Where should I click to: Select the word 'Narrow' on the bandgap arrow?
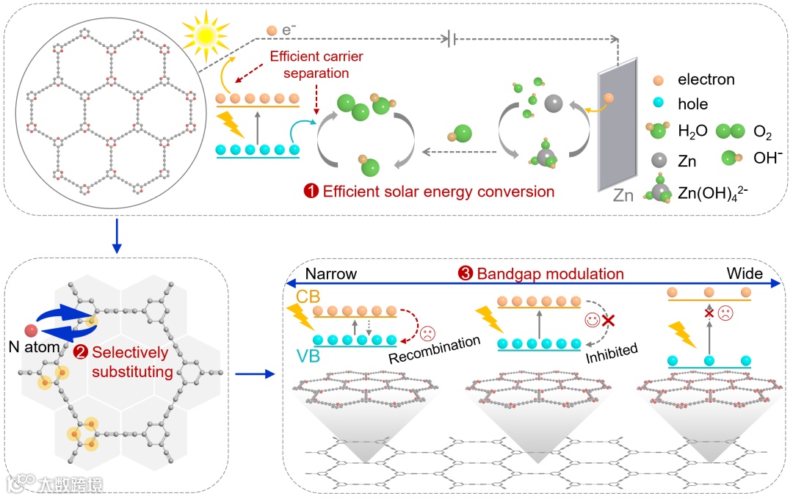(x=331, y=274)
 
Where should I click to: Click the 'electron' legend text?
(x=706, y=79)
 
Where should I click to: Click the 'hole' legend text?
(x=693, y=104)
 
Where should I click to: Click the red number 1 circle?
(x=311, y=192)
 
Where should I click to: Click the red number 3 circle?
(x=465, y=274)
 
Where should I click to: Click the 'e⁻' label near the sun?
(x=289, y=31)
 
